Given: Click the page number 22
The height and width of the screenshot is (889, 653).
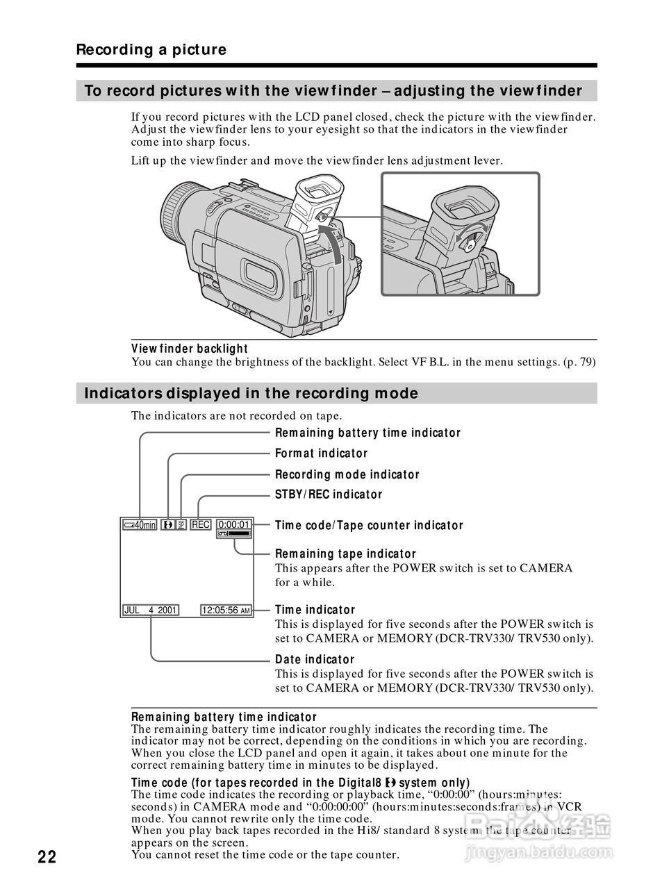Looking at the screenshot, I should coord(47,856).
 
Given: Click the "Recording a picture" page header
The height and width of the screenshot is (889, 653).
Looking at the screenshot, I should coord(151,50).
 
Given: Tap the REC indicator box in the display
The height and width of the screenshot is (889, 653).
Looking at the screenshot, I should coord(200,525).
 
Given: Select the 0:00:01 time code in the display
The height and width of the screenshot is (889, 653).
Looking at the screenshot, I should coord(234,524).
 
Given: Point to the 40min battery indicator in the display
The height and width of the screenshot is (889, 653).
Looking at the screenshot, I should coord(140,525).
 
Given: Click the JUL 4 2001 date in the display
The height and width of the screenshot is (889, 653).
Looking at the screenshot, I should coord(150,610).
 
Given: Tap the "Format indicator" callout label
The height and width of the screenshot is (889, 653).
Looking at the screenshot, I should coord(321,454).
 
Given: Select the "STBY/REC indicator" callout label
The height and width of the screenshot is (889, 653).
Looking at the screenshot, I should coord(329,495).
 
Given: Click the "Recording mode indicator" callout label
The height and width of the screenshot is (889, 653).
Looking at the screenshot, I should coord(347,474).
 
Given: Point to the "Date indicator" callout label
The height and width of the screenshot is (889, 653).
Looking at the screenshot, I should coord(315,659).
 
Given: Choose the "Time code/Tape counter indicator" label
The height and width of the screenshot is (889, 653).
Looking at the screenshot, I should coord(369,525).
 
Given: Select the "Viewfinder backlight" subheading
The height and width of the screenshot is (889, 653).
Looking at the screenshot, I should coord(190,349).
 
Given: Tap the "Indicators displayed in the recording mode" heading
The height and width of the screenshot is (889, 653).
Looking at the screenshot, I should coord(251,394).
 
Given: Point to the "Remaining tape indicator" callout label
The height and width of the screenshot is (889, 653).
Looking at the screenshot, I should coord(345,554).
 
